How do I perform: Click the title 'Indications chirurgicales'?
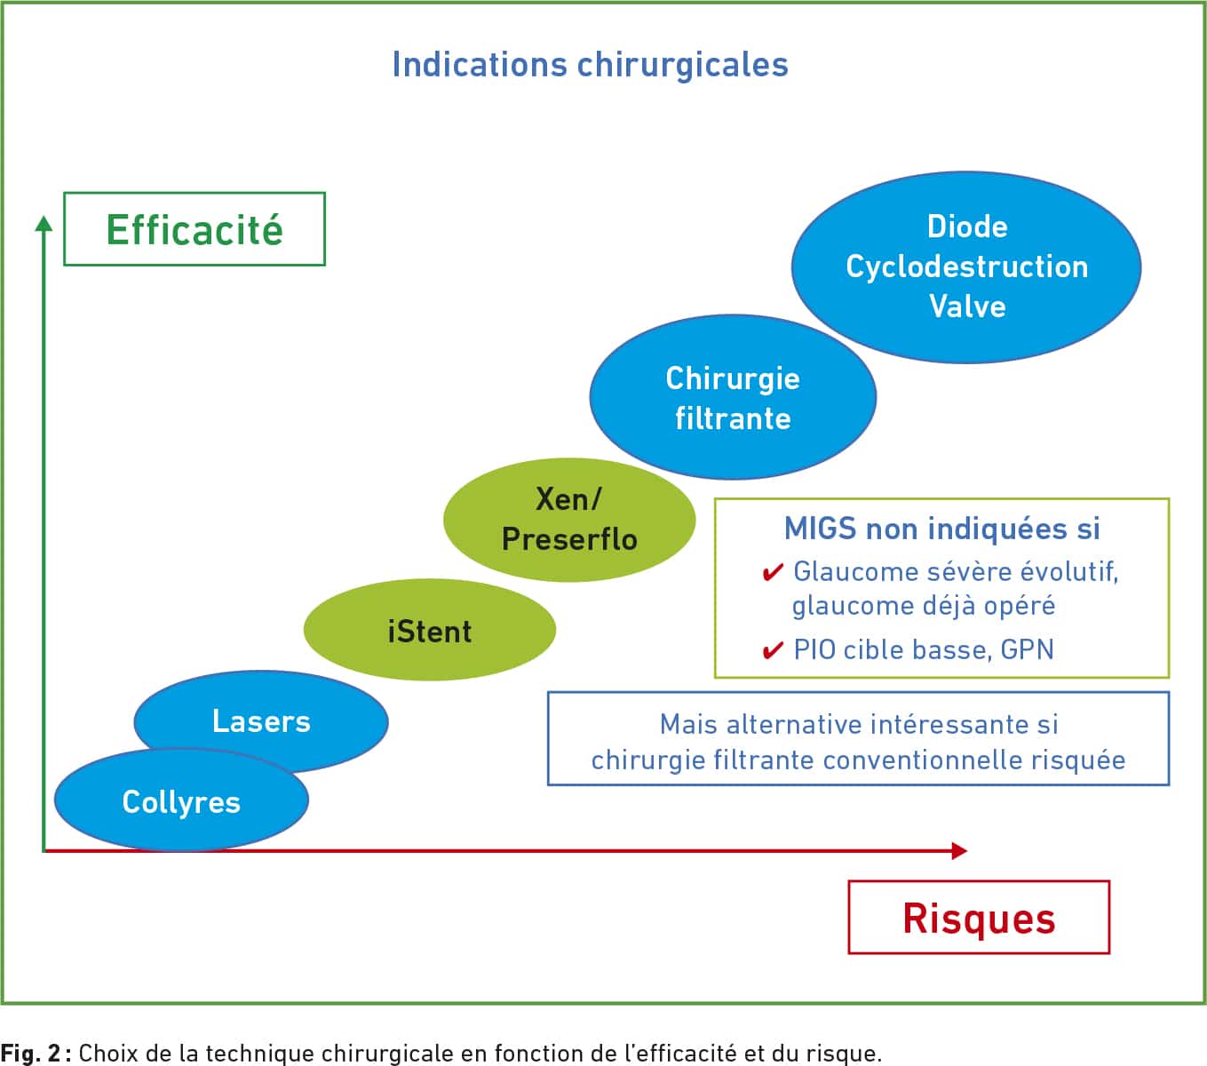(590, 65)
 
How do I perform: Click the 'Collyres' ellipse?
(181, 800)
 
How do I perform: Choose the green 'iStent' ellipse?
(430, 630)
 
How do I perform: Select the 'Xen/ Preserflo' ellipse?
(569, 520)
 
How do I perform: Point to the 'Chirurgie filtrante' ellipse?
(733, 397)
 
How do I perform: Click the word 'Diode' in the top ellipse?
(967, 227)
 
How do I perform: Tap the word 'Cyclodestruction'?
(967, 266)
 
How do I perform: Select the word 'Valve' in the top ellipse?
(967, 306)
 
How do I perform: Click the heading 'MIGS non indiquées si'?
(941, 529)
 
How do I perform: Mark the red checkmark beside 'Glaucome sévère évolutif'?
(773, 573)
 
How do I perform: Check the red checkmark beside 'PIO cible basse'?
(773, 650)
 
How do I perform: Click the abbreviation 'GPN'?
(1027, 649)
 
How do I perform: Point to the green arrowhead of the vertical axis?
(44, 224)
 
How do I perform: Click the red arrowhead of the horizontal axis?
(959, 851)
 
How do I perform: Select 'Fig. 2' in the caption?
(30, 1053)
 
